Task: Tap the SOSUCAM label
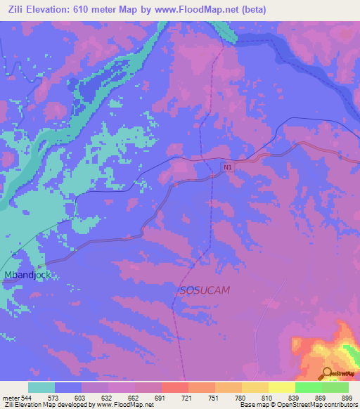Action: (205, 290)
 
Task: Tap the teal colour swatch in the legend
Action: (41, 387)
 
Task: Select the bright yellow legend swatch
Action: (282, 387)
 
